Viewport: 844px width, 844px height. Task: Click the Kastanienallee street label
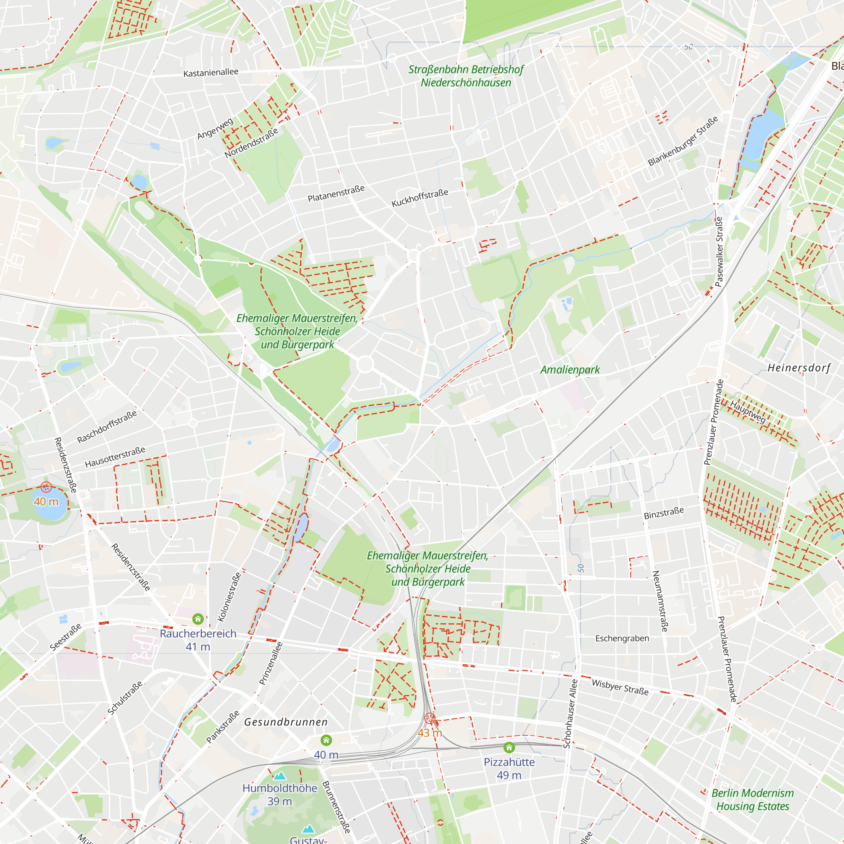(211, 73)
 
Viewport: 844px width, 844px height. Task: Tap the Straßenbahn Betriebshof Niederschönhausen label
(466, 76)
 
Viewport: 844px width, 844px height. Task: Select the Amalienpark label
(570, 370)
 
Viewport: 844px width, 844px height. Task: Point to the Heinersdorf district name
(799, 368)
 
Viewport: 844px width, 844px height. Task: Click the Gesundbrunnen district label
(286, 722)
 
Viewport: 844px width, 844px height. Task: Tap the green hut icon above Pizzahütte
(509, 747)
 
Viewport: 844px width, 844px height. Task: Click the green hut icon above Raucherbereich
(198, 619)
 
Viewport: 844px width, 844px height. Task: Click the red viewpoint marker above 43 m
(430, 718)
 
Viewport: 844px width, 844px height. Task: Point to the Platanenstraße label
(336, 194)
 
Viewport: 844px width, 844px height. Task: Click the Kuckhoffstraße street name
(419, 198)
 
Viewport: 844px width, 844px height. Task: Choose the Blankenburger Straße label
(682, 141)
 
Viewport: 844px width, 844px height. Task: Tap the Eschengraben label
(622, 638)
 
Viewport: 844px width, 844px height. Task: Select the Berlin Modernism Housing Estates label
(752, 799)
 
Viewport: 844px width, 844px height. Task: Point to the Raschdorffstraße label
(107, 427)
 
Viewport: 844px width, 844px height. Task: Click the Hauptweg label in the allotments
(747, 412)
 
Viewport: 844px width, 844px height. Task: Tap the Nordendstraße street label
(251, 143)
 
